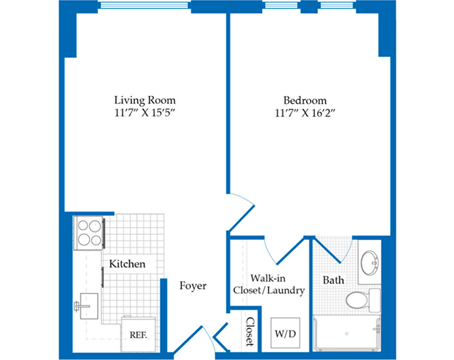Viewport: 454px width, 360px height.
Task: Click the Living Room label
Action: click(x=145, y=100)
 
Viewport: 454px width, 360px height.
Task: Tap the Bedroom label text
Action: click(x=305, y=100)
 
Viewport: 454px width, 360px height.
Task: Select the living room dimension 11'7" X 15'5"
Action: click(x=145, y=113)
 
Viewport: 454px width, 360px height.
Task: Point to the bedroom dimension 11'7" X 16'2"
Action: click(x=305, y=113)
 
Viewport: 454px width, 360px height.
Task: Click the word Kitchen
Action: click(x=127, y=264)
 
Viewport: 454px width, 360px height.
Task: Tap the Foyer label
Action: click(x=193, y=286)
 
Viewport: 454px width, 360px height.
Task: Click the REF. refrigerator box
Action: click(x=138, y=335)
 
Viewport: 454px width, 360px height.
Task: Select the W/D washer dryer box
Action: click(x=285, y=333)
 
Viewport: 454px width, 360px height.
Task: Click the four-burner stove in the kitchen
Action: click(x=89, y=233)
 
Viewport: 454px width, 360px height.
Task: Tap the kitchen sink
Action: click(x=87, y=306)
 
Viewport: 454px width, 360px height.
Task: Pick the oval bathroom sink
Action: click(x=370, y=263)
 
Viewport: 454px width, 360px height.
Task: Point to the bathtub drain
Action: click(x=346, y=334)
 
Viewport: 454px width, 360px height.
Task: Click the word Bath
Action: click(x=333, y=280)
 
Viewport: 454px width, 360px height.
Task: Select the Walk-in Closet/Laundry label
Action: click(x=269, y=284)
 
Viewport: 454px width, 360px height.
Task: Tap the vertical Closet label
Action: click(x=250, y=332)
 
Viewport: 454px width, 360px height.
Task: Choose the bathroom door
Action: click(x=333, y=250)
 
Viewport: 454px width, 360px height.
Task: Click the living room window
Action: click(x=144, y=6)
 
